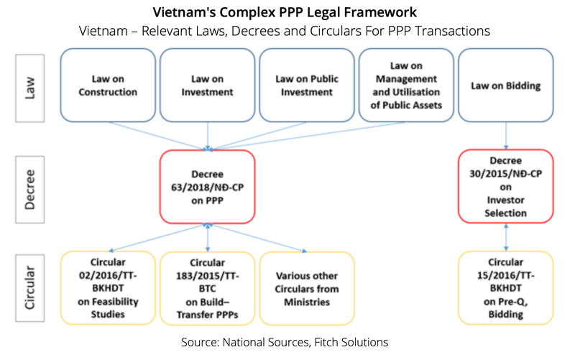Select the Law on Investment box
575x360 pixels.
point(207,85)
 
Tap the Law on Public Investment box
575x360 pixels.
point(307,85)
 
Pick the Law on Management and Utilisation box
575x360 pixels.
point(406,85)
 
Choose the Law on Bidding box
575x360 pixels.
point(506,85)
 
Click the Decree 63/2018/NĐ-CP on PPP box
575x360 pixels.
point(208,186)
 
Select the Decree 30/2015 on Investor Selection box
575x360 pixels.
point(506,186)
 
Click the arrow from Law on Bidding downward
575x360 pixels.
point(506,134)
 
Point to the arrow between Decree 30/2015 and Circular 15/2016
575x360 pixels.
point(506,236)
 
